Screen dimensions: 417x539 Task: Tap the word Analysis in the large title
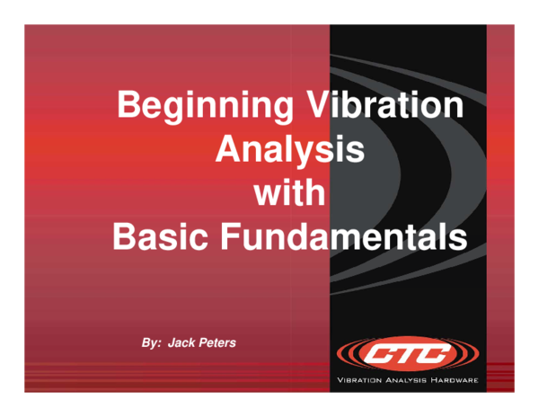click(289, 150)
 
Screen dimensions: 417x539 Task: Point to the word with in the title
click(289, 193)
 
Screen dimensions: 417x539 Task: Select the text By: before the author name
click(154, 343)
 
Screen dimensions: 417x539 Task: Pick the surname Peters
click(219, 343)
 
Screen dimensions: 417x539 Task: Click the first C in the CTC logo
click(376, 354)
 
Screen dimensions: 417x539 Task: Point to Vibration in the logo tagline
click(361, 380)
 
